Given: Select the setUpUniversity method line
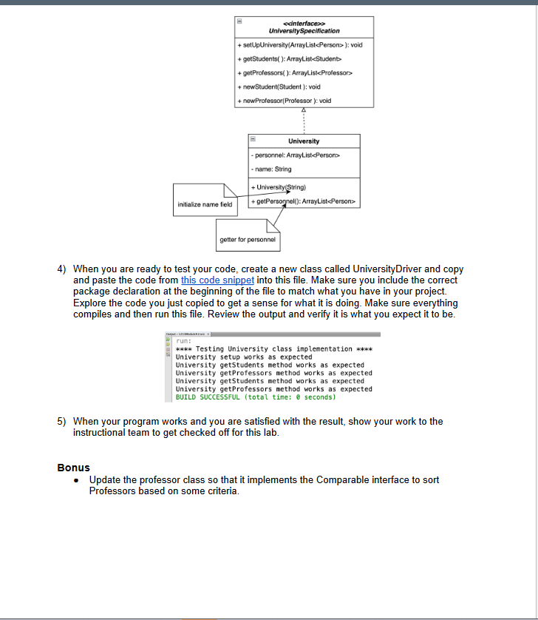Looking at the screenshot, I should pyautogui.click(x=300, y=44).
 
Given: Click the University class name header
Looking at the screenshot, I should pyautogui.click(x=304, y=141).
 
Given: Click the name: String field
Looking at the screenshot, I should pyautogui.click(x=273, y=169).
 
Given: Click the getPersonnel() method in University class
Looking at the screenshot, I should pyautogui.click(x=304, y=201).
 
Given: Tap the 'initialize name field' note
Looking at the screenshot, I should pyautogui.click(x=205, y=203).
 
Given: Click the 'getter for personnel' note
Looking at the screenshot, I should pyautogui.click(x=248, y=240).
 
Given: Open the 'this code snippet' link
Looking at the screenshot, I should pyautogui.click(x=217, y=280).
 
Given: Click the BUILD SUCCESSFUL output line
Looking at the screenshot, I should pyautogui.click(x=256, y=397).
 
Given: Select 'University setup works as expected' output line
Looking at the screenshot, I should pyautogui.click(x=244, y=357).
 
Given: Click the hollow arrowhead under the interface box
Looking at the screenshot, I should pyautogui.click(x=304, y=110).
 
